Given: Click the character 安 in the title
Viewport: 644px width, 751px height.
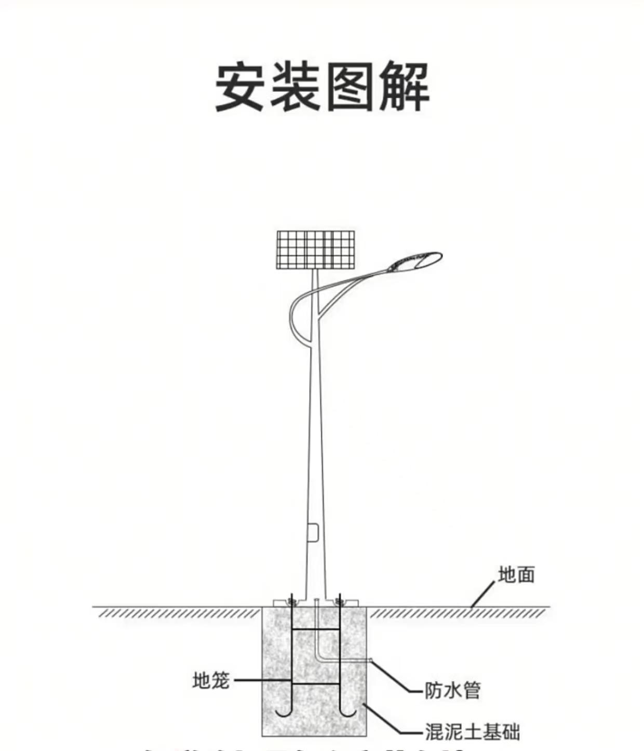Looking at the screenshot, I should coord(240,87).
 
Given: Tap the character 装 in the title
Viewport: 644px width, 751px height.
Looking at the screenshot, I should coord(295,87).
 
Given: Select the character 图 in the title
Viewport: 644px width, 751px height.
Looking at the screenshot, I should coord(350,87).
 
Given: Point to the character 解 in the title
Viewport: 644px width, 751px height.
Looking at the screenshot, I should coord(405,87).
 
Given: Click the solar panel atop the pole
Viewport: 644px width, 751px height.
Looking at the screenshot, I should coord(315,250).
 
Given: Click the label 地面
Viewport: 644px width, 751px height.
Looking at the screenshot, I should coord(516,575).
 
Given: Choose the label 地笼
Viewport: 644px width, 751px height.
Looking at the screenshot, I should coord(210,680).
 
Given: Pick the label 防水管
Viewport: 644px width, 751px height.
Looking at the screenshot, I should coord(452,691).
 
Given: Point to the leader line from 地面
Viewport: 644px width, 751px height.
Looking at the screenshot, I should coord(483,594).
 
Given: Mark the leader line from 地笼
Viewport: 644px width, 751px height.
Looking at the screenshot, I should coord(260,680).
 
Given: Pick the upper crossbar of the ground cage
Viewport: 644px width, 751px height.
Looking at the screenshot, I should coord(315,629).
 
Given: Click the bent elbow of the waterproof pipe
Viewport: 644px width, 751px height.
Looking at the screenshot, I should coord(318,659).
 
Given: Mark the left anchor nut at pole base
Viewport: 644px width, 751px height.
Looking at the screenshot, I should coord(291,602).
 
